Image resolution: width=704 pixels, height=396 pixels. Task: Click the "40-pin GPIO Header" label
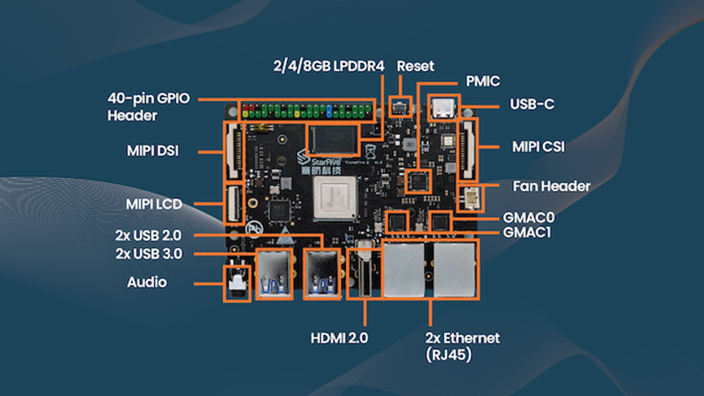148,107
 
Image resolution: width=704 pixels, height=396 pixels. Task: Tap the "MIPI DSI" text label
154,151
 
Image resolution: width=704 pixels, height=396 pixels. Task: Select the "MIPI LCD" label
154,204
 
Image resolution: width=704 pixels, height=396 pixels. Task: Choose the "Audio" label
147,282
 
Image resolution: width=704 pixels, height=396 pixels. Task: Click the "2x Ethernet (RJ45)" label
462,345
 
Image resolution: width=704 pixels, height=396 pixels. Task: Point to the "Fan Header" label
552,186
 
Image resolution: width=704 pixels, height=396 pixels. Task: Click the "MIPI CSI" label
539,147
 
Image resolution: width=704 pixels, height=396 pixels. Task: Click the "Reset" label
416,66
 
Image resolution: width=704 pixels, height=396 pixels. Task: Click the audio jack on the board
237,284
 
